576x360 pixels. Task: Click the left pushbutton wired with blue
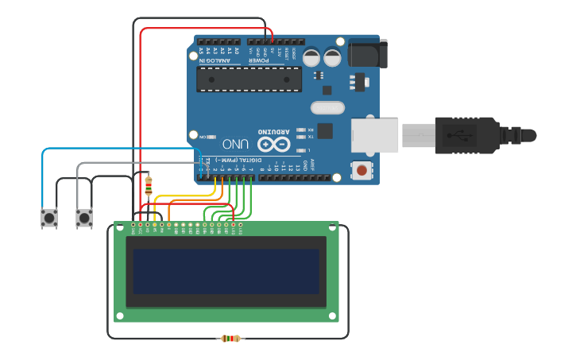pyautogui.click(x=49, y=218)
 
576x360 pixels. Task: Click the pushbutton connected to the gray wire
pyautogui.click(x=83, y=218)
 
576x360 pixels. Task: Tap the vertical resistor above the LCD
pyautogui.click(x=149, y=186)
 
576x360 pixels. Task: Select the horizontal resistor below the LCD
pyautogui.click(x=230, y=339)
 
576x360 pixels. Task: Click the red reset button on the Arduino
pyautogui.click(x=362, y=169)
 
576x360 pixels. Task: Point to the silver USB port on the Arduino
pyautogui.click(x=375, y=135)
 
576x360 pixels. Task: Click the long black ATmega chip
pyautogui.click(x=249, y=79)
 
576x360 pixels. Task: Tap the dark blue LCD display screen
pyautogui.click(x=226, y=271)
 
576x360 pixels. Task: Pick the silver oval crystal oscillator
pyautogui.click(x=327, y=107)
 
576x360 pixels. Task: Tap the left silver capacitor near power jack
pyautogui.click(x=311, y=57)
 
